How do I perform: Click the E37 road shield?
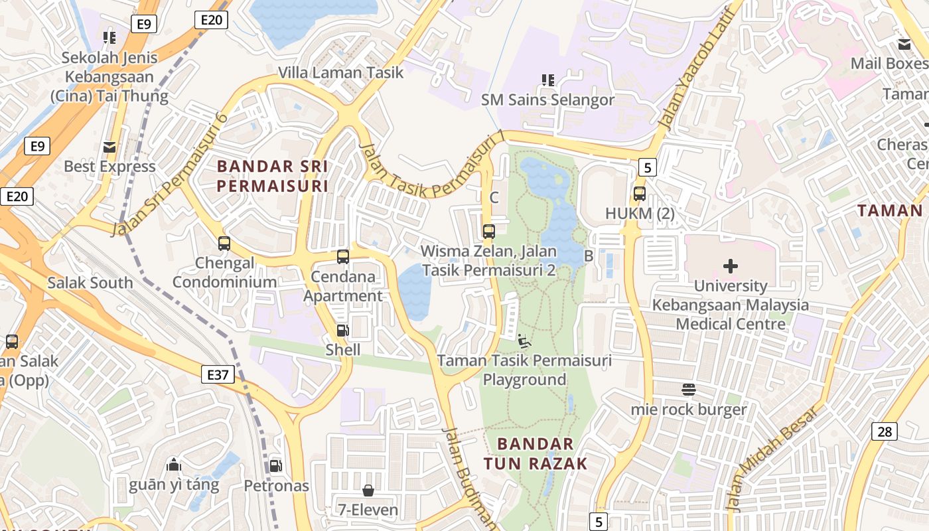tap(218, 374)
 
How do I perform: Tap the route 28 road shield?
tap(885, 431)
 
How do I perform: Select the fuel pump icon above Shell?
tap(342, 330)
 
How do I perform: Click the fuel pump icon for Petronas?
tap(275, 466)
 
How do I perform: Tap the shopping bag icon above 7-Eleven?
tap(368, 491)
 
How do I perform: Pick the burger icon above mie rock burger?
tap(689, 389)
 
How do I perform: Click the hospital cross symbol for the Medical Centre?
tap(731, 266)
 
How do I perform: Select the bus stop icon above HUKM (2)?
tap(640, 194)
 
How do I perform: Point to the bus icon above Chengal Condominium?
tap(224, 244)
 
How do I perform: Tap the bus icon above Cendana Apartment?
tap(343, 256)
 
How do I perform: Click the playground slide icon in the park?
tap(524, 341)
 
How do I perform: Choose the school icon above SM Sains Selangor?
tap(548, 80)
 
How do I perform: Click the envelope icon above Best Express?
tap(109, 147)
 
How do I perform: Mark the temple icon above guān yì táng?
tap(174, 464)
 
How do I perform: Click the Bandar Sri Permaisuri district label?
tap(273, 175)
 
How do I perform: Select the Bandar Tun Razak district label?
tap(536, 453)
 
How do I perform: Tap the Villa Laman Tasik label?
tap(340, 72)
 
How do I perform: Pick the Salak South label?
tap(90, 283)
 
